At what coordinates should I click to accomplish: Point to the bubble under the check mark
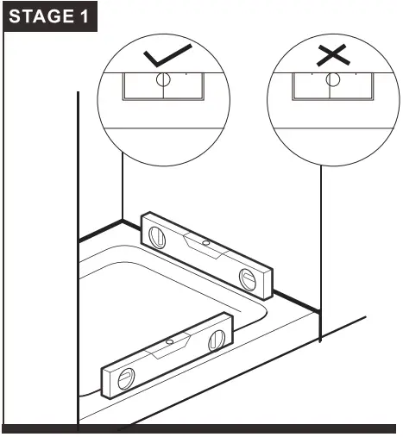[x=161, y=78]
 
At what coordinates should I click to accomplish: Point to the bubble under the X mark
[x=330, y=80]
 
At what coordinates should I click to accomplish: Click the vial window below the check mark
[x=161, y=87]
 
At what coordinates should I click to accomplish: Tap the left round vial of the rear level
[x=159, y=234]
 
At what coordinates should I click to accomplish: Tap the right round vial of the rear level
[x=247, y=278]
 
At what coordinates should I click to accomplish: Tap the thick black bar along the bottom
[x=201, y=429]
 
